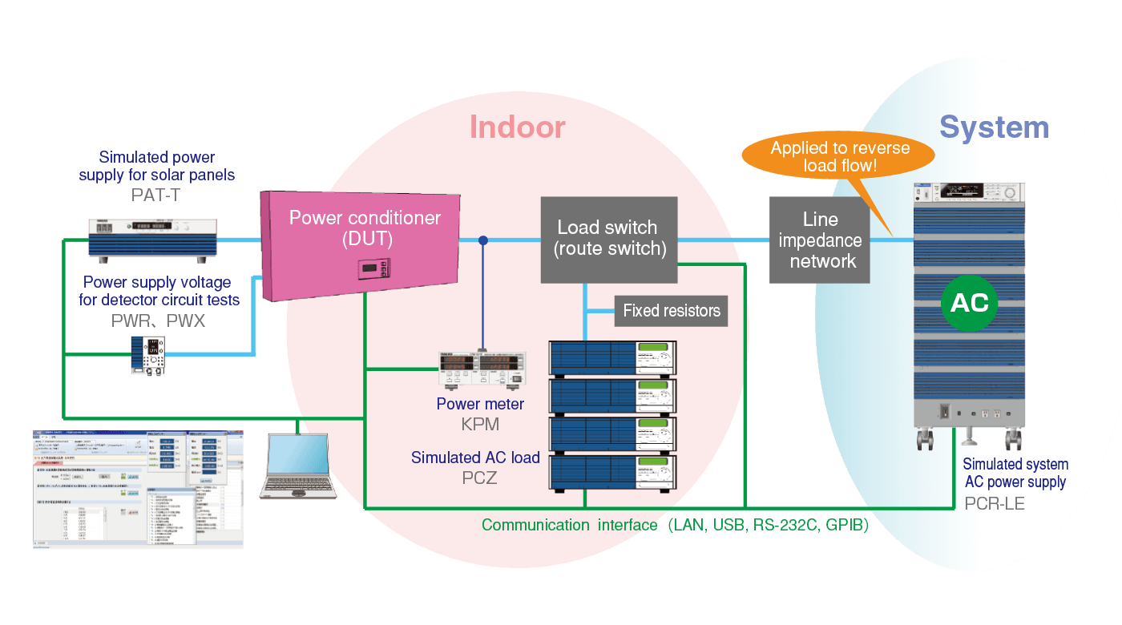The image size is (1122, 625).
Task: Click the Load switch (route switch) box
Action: [609, 239]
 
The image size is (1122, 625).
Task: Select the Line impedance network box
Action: [819, 240]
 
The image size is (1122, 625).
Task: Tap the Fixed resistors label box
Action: [671, 311]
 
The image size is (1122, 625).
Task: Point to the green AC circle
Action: [969, 304]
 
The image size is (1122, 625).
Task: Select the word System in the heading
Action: [994, 127]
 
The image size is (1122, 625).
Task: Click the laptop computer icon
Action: [297, 466]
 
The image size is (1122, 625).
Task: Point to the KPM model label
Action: [480, 425]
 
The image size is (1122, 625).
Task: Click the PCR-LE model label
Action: [995, 503]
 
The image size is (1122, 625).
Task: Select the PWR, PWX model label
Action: [157, 321]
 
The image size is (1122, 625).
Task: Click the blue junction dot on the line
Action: [482, 240]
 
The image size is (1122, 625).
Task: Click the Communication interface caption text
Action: [675, 526]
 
